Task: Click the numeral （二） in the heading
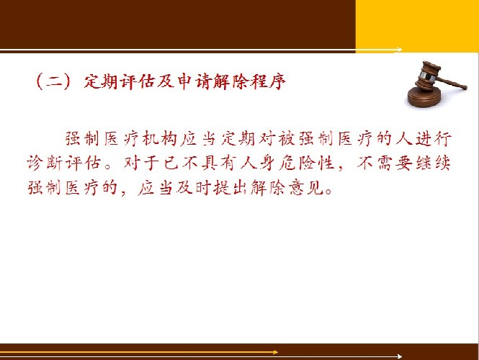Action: click(x=53, y=81)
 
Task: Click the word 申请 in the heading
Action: click(x=194, y=81)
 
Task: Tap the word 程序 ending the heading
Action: click(x=268, y=81)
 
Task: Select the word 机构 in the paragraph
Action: click(x=160, y=139)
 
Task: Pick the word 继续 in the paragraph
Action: click(x=433, y=163)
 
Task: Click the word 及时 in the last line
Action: click(x=194, y=187)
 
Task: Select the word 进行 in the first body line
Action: click(x=433, y=139)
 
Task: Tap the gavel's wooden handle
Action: click(x=451, y=83)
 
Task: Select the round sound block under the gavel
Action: click(x=425, y=97)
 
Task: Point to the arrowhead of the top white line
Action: click(x=399, y=50)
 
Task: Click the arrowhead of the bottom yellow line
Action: click(x=275, y=352)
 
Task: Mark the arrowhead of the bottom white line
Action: click(x=399, y=356)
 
